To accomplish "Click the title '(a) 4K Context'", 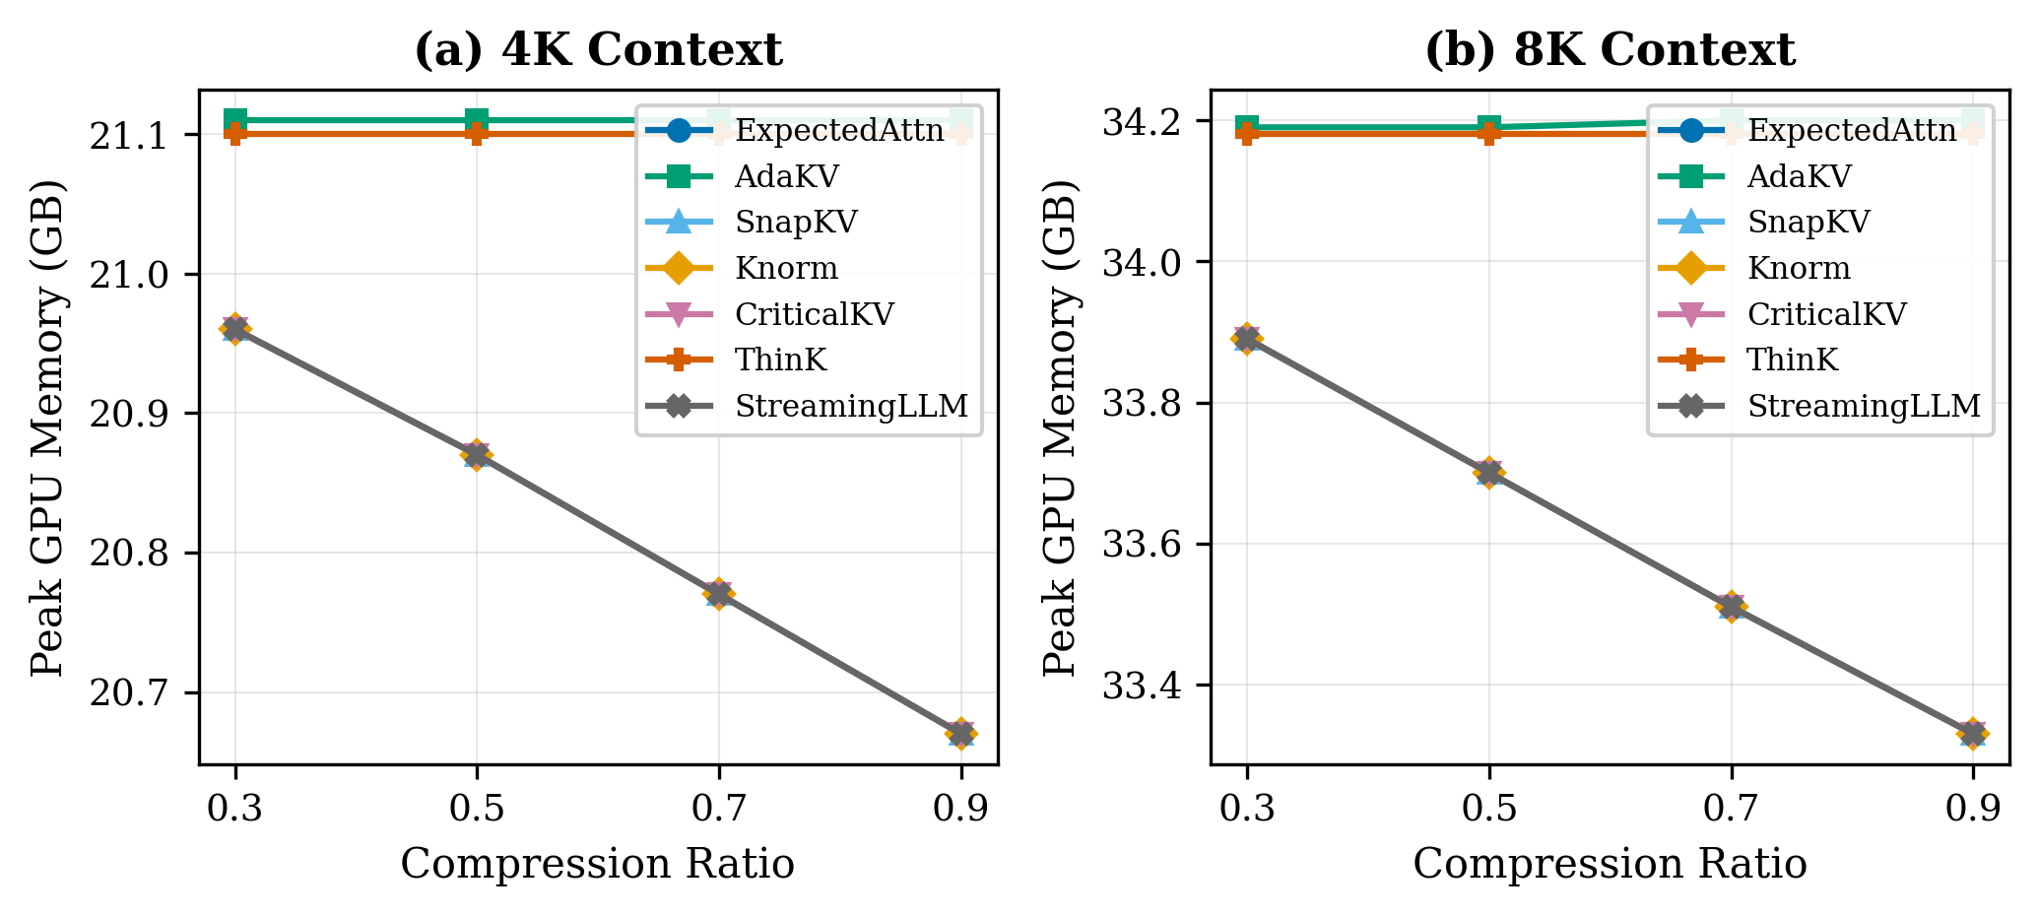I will [598, 50].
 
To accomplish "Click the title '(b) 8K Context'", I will [1610, 50].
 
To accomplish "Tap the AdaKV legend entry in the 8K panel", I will [1799, 176].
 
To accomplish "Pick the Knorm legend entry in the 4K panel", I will [786, 268].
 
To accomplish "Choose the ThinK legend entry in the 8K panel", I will [1793, 360].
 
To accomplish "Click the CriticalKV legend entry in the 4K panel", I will [814, 314].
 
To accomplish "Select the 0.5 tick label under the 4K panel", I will [477, 810].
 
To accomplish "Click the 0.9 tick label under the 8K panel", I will [1972, 810].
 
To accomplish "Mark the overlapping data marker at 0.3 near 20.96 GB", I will [235, 328].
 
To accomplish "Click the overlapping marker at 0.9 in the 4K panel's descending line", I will [960, 734].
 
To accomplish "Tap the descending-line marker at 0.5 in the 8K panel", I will [1488, 473].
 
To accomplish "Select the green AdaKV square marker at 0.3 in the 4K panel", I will [235, 120].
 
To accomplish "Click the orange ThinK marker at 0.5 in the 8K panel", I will [1488, 133].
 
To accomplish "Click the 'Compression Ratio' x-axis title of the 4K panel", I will [598, 865].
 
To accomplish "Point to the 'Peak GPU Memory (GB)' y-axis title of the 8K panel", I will [1061, 427].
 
